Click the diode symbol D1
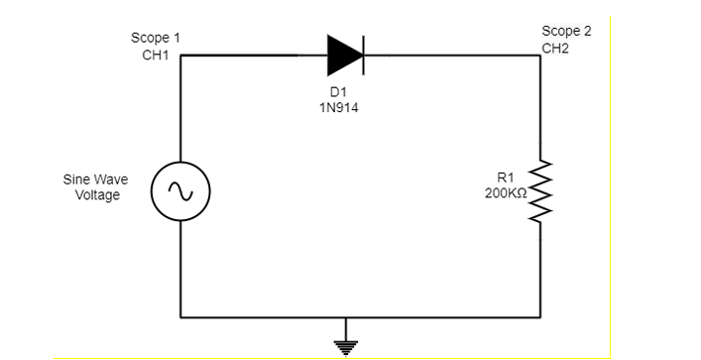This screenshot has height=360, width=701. (x=345, y=56)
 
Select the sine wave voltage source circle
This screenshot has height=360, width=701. (x=180, y=190)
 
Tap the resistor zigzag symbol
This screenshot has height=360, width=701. (x=541, y=189)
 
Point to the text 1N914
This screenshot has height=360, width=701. (x=332, y=108)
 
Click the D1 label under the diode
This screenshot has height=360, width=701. (x=332, y=93)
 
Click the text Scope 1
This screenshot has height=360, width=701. (x=156, y=38)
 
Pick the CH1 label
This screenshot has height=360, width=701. (x=156, y=55)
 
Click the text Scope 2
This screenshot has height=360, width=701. (x=566, y=31)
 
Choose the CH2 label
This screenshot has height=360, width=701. (x=555, y=47)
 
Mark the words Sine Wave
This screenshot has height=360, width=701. (x=95, y=180)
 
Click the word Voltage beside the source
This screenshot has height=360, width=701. (x=97, y=195)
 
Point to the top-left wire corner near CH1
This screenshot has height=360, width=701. (x=180, y=56)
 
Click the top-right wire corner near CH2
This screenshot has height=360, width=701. (x=541, y=56)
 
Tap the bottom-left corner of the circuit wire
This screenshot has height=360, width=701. (x=180, y=318)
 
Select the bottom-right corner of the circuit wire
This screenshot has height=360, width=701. (x=541, y=318)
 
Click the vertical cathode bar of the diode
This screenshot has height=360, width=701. (x=363, y=56)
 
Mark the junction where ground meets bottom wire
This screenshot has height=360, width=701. (x=345, y=318)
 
